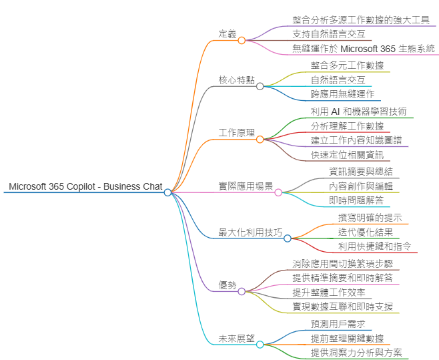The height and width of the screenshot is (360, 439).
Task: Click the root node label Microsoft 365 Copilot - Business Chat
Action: (x=85, y=186)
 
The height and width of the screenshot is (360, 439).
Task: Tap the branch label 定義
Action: (x=228, y=34)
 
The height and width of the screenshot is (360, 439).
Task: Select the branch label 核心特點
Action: (x=236, y=80)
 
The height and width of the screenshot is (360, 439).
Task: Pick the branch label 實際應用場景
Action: (x=246, y=186)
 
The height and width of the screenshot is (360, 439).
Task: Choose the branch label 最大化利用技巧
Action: (x=250, y=232)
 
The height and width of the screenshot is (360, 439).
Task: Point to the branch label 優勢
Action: (x=228, y=285)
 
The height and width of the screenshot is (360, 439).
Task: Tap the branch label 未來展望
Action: (x=236, y=339)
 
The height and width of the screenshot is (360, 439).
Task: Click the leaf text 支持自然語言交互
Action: (x=328, y=34)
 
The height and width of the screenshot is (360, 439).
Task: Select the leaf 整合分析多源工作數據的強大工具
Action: (x=360, y=20)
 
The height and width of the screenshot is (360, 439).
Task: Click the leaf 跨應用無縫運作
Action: (x=342, y=94)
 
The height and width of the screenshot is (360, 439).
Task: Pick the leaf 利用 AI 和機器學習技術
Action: (x=358, y=112)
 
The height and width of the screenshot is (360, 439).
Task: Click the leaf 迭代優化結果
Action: (x=365, y=232)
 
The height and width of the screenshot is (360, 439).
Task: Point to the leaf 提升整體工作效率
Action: (x=328, y=292)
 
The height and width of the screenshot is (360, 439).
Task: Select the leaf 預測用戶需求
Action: (x=338, y=324)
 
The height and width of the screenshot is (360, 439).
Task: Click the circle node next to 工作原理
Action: (x=260, y=139)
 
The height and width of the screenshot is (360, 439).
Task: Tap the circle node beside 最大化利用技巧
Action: (x=288, y=238)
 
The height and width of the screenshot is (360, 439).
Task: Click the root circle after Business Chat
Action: (x=167, y=192)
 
